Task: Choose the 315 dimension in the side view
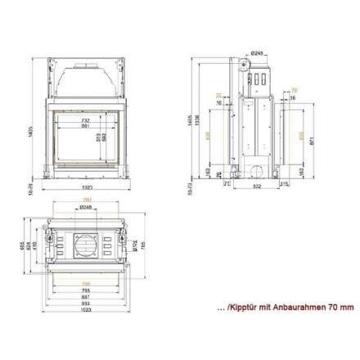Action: [282, 184]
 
